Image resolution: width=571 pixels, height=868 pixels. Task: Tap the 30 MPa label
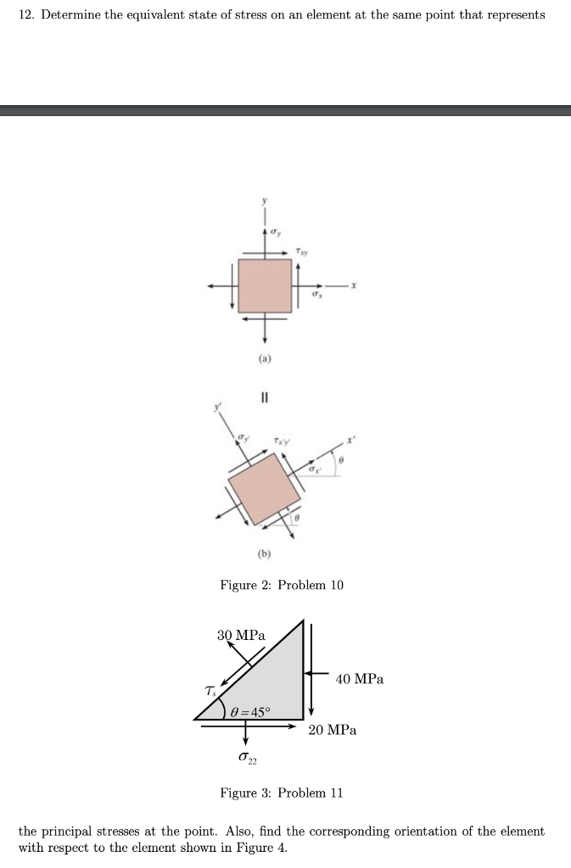[x=241, y=635]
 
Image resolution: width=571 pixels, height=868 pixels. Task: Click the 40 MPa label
[x=360, y=679]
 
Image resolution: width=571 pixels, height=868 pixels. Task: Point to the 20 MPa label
[x=333, y=729]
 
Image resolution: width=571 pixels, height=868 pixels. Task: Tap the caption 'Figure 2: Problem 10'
[x=282, y=585]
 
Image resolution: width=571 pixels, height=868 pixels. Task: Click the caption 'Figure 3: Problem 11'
[x=282, y=793]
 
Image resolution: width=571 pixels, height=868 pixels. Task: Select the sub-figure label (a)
[x=266, y=359]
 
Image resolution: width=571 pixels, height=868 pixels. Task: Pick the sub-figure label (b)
[x=266, y=555]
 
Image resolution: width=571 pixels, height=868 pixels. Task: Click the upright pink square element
[x=265, y=286]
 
